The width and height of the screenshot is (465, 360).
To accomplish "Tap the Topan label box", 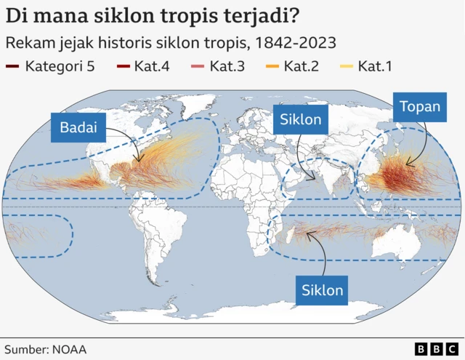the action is pos(420,108).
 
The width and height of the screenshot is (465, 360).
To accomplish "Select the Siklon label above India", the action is pos(301,119).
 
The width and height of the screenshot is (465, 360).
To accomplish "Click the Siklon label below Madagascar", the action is pos(321,289).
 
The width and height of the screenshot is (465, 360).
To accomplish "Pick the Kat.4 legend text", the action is pos(152,67).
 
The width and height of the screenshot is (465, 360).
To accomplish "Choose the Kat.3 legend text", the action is pos(227,67).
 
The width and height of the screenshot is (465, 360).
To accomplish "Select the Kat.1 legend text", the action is pos(374,67).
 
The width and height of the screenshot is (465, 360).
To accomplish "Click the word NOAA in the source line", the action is pos(70,349).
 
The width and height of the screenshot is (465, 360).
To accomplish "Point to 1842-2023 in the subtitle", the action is pos(291,42).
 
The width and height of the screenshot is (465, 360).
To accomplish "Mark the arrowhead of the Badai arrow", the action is pos(138,161).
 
